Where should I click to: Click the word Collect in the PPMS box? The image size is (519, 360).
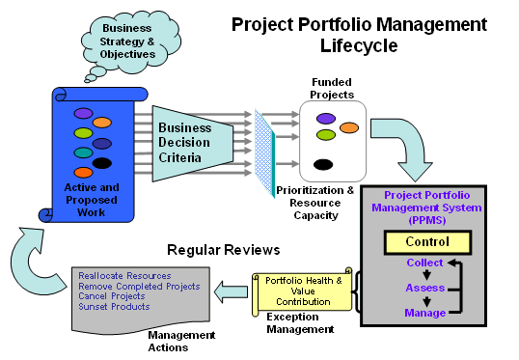point(424,263)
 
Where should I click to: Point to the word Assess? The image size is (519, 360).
point(424,288)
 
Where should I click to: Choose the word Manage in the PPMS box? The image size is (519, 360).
point(424,313)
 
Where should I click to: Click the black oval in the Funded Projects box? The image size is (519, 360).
point(324,163)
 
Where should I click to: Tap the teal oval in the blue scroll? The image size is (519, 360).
point(84,152)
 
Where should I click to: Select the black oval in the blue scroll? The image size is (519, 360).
point(102,162)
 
